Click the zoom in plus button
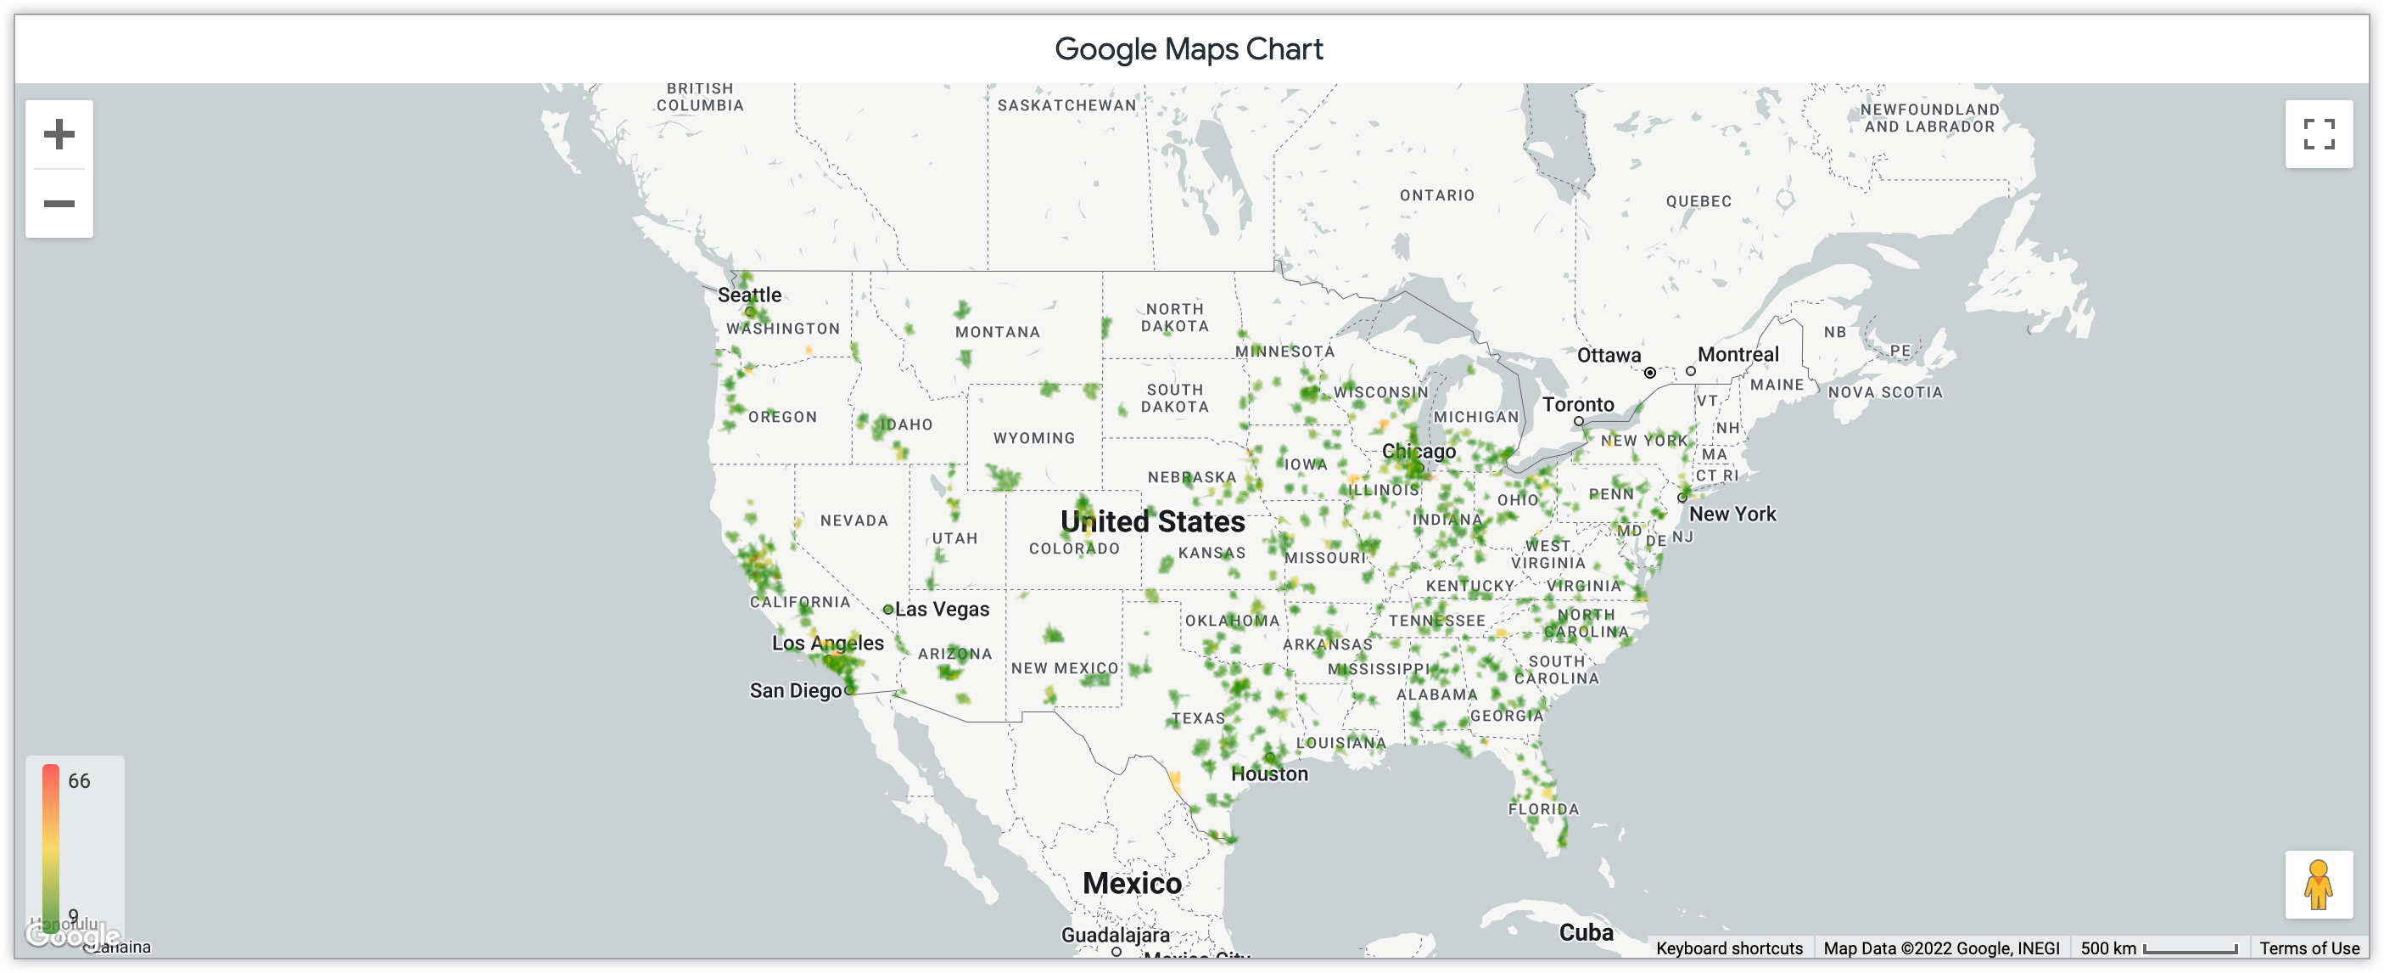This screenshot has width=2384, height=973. click(59, 134)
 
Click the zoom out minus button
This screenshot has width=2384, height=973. click(59, 204)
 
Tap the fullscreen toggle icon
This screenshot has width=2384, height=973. click(2319, 134)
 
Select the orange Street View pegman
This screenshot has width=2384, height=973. click(2319, 885)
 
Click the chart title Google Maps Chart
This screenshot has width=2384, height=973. click(1189, 49)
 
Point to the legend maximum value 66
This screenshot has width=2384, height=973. click(79, 780)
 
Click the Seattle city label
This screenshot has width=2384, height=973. click(750, 295)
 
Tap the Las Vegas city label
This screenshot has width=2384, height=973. click(941, 609)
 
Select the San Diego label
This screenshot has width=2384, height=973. click(795, 690)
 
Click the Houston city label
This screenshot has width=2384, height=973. click(1269, 774)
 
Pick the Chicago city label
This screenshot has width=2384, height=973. click(1418, 451)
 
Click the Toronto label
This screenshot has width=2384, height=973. click(1578, 405)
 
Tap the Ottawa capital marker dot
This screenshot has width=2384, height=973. click(1649, 373)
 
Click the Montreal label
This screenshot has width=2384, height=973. click(1738, 355)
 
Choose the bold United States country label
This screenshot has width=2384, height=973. click(1152, 522)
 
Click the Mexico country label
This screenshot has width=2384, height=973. click(1132, 883)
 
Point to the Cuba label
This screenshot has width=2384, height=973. click(1586, 932)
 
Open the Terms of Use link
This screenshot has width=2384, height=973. click(2308, 948)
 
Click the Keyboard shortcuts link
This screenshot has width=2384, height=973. click(1729, 948)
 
